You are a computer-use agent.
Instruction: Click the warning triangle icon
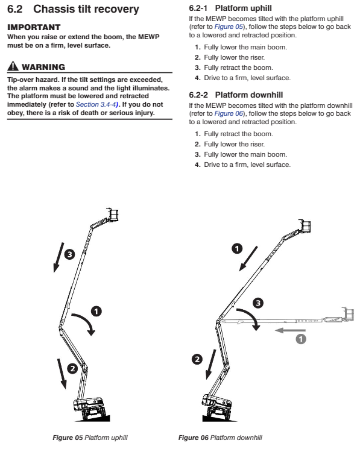(x=11, y=66)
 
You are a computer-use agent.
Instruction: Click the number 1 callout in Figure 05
(x=95, y=311)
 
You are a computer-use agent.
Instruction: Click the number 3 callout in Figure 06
(x=258, y=302)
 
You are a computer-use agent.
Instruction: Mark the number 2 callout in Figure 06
(x=197, y=360)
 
